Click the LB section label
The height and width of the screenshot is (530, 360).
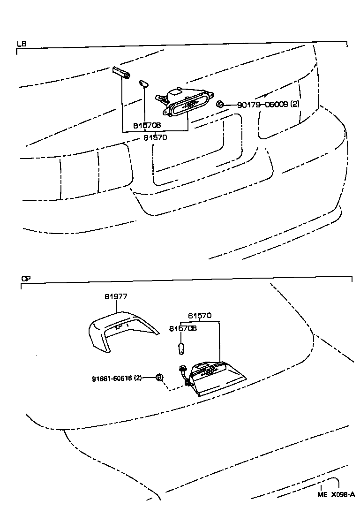coord(22,44)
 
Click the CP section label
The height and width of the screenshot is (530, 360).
coord(26,278)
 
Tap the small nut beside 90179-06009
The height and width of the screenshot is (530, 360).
coord(219,105)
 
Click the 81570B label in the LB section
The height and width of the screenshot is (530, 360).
coord(147,126)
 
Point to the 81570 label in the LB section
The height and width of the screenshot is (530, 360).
coord(155,137)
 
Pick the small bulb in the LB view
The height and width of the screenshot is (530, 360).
coord(143,84)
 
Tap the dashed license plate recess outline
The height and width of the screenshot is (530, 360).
coord(197,150)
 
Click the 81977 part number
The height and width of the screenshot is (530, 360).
coord(116,296)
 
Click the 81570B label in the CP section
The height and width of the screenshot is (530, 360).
coord(183,328)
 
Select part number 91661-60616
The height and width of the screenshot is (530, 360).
coord(117,378)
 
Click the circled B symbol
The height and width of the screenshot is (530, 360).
coord(159,378)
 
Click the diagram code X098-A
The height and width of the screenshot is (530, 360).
coord(343,495)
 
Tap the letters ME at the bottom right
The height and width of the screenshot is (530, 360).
coord(322,495)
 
